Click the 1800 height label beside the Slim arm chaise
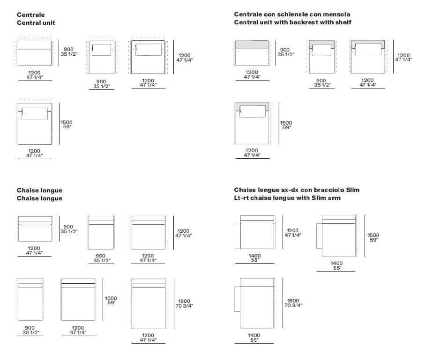pos(293,303)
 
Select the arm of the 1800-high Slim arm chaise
pos(238,299)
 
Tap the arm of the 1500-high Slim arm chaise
pos(319,235)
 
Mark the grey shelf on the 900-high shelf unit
pos(252,44)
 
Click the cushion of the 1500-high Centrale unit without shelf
pos(35,113)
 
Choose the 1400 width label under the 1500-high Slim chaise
pos(336,265)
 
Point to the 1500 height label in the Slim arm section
pos(373,237)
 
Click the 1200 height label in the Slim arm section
pos(293,233)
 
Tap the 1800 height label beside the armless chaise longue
pos(184,303)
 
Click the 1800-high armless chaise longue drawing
pos(149,304)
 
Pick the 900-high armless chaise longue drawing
pos(35,228)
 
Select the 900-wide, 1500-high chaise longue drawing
pos(30,299)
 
